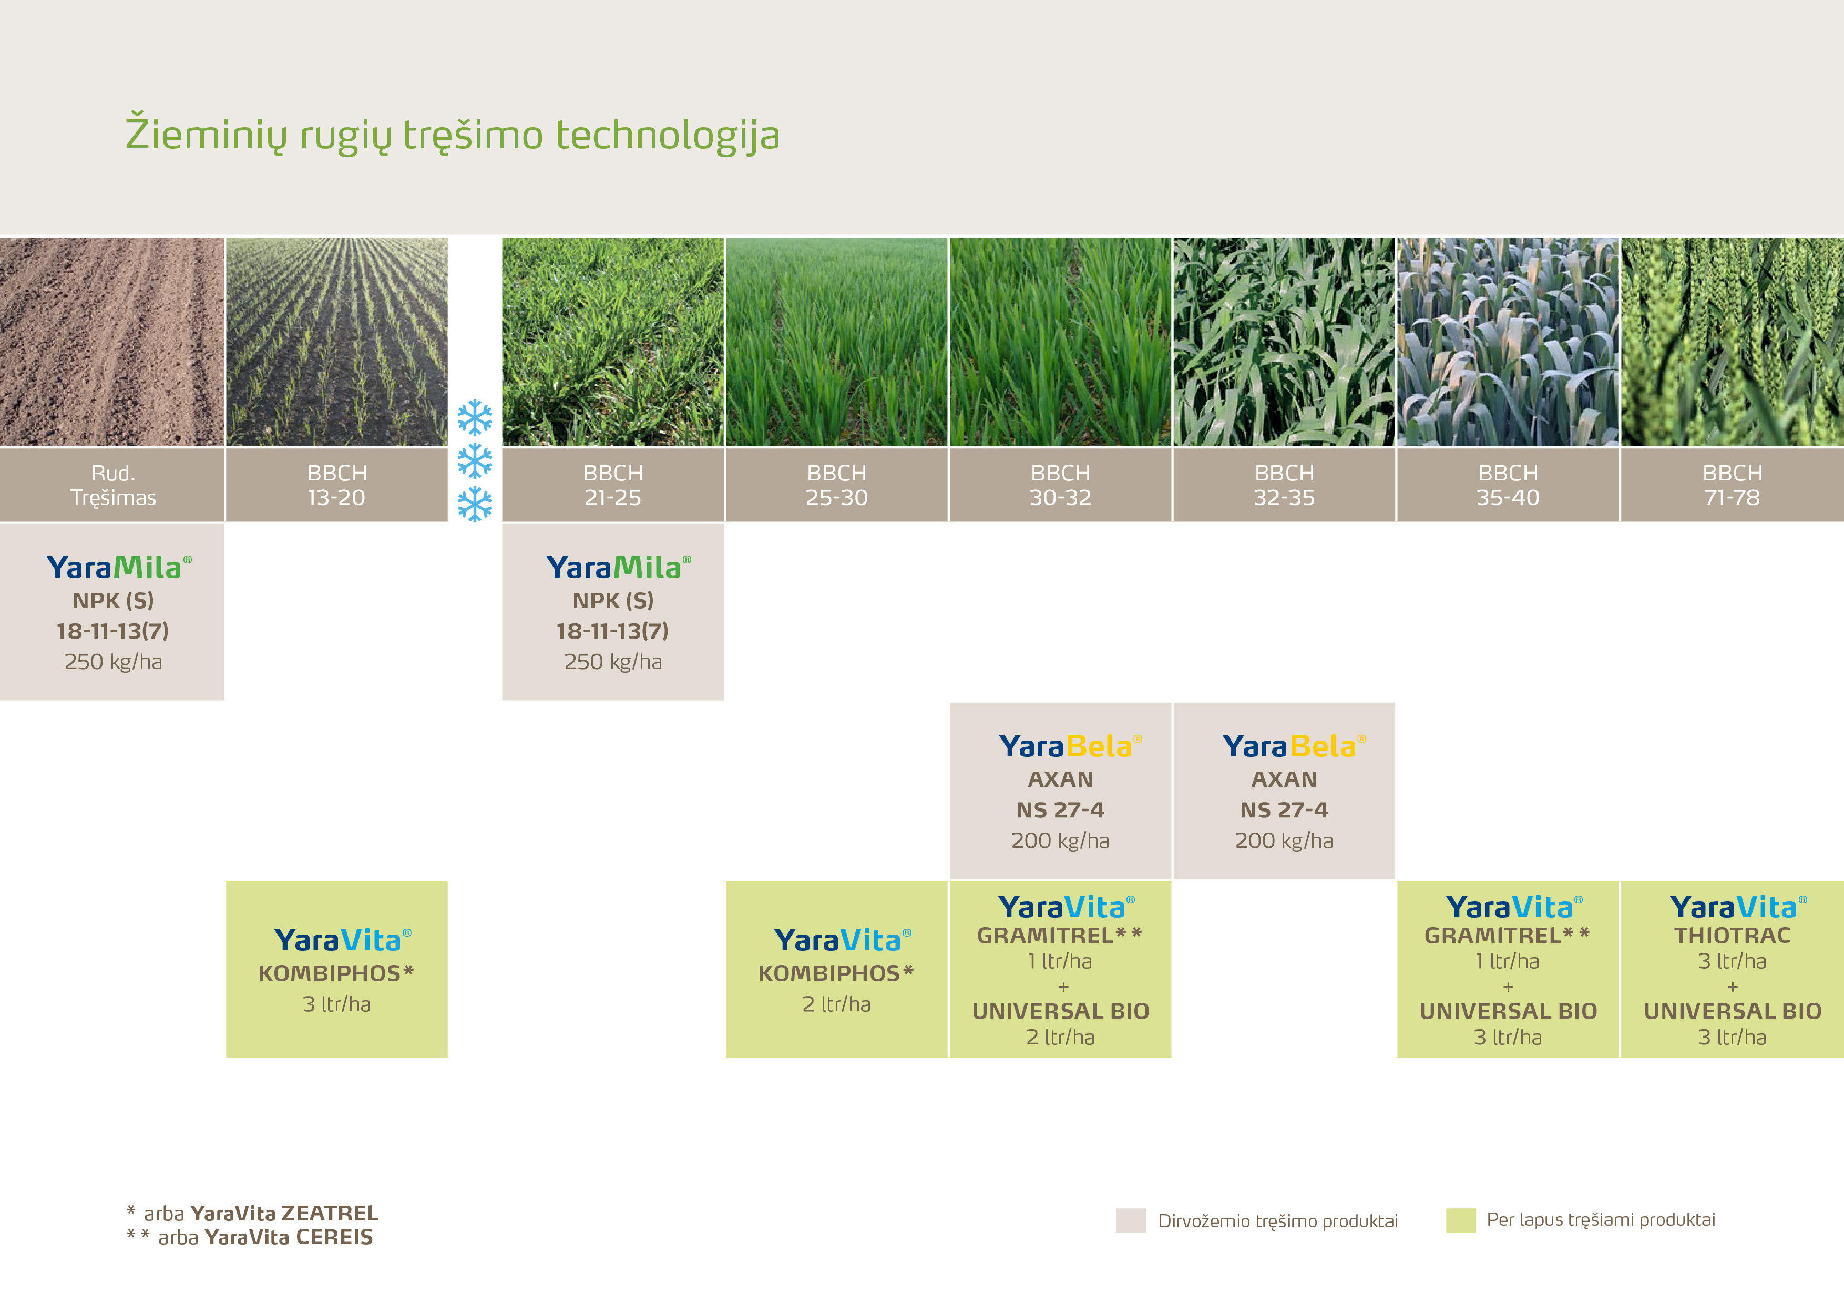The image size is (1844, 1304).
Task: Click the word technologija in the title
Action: pos(668,135)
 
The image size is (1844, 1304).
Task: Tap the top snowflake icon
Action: pos(475,417)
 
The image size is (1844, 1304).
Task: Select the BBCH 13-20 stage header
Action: pos(336,485)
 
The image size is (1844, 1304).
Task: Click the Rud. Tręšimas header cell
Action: pos(112,485)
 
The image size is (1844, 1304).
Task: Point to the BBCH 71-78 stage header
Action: pos(1733,485)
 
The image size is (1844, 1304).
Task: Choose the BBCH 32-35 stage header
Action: pos(1284,485)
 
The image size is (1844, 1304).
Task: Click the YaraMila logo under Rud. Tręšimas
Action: pos(119,567)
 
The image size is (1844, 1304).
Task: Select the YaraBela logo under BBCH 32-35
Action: pos(1294,746)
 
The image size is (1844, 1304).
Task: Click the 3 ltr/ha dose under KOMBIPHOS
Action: pos(336,1004)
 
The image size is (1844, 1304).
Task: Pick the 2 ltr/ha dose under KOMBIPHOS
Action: pos(836,1004)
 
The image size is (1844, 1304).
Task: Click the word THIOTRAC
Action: pos(1733,936)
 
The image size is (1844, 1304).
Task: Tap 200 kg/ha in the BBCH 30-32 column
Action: pos(1060,841)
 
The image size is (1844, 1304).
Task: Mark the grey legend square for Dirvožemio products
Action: pos(1131,1220)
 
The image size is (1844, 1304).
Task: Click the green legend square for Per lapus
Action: pos(1461,1220)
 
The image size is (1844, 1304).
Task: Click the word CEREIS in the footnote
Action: pos(334,1237)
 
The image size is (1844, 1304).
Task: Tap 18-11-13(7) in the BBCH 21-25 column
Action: pos(613,631)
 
